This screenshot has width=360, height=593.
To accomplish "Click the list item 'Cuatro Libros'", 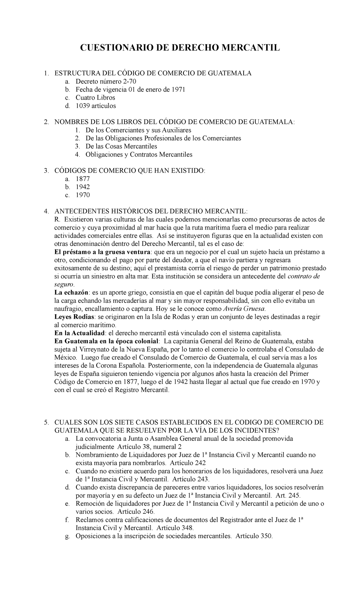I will click(95, 98).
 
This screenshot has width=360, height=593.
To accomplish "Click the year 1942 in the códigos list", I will click(83, 187).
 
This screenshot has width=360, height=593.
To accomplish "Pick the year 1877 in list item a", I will click(83, 179).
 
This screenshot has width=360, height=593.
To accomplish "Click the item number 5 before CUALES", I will click(46, 422).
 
